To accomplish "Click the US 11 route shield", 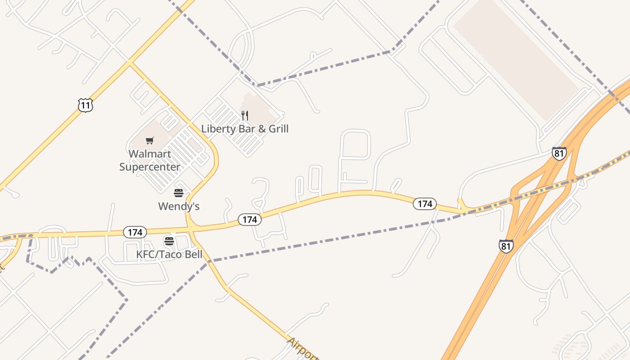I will point(85,105).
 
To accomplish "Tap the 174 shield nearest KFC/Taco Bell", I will point(135,232).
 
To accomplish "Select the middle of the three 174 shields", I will point(249,220).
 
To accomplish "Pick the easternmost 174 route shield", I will point(424,204).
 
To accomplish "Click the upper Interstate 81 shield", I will point(559,153).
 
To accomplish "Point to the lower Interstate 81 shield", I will point(506,246).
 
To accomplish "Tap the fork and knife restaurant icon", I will point(245,116).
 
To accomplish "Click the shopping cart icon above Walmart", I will point(150,141).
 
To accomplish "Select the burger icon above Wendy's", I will point(179,193).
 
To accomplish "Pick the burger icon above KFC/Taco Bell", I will point(169,241).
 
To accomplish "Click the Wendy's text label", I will point(179,207).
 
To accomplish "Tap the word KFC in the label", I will point(145,255).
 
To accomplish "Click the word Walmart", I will point(150,154).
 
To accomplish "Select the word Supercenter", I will point(150,167).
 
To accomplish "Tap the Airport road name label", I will point(302,349).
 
